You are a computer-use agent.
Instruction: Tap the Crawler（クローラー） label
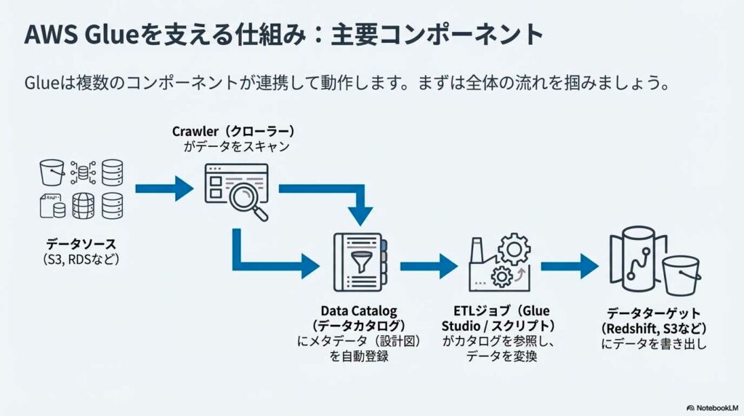[x=233, y=132]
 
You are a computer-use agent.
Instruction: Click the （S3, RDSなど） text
[x=81, y=260]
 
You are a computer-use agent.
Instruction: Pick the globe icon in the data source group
[x=82, y=206]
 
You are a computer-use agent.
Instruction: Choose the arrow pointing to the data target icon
[x=570, y=265]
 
